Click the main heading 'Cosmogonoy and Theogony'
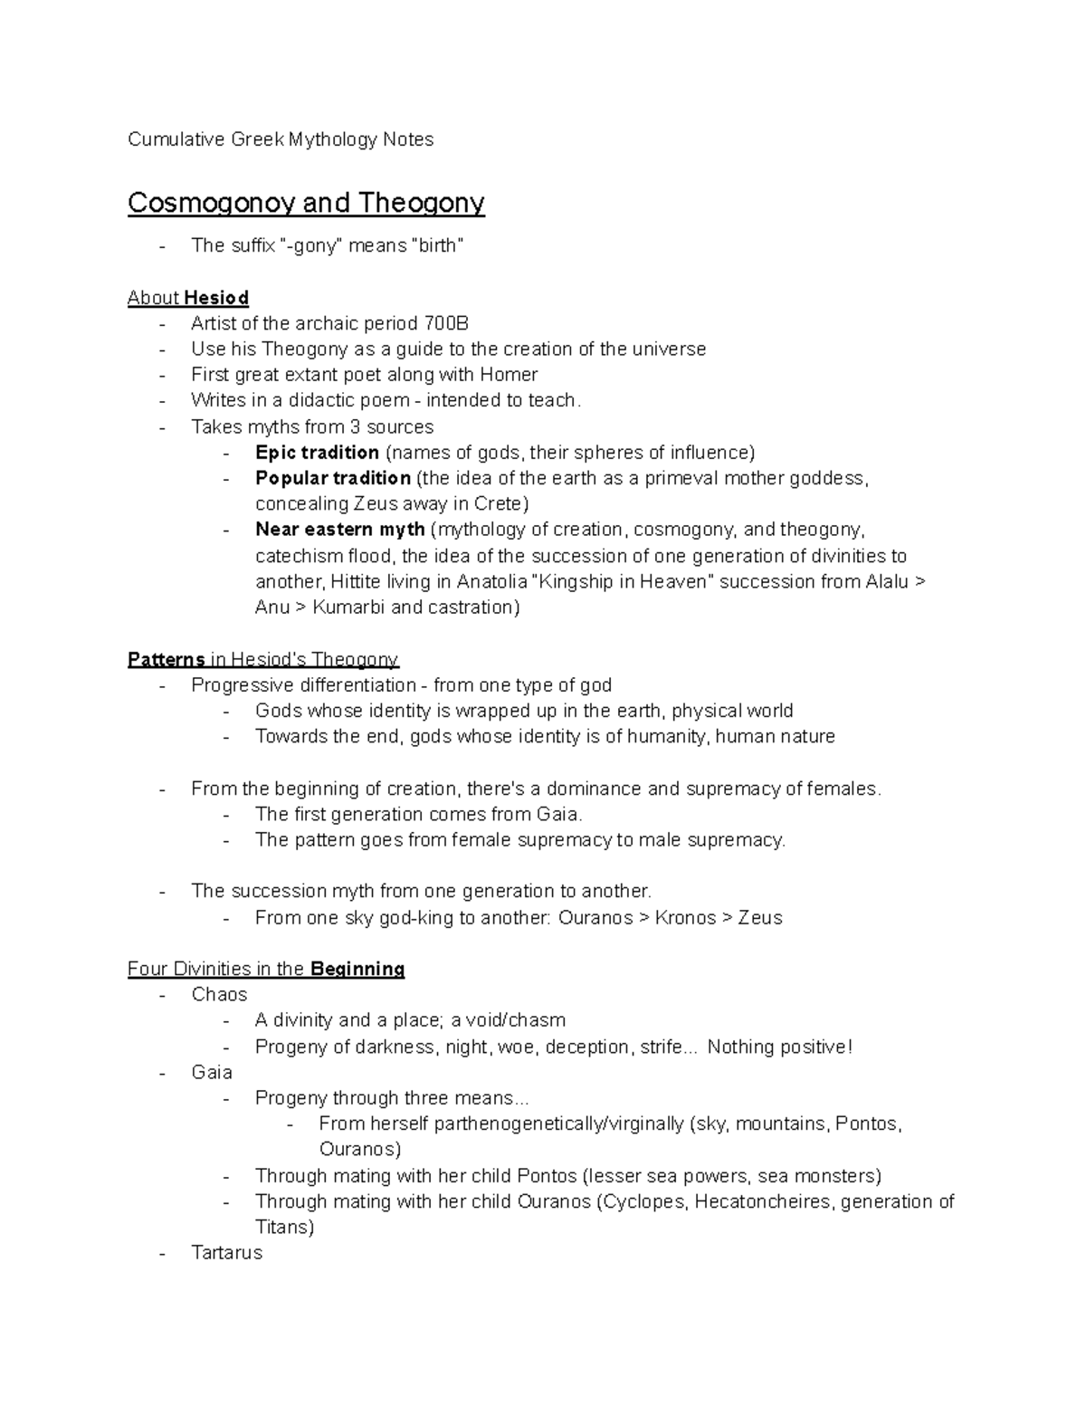pos(306,203)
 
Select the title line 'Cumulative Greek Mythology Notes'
pos(281,139)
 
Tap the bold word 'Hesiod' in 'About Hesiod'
pos(216,298)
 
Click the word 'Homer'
pos(509,375)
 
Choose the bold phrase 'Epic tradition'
pos(317,453)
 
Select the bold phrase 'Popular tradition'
pos(332,478)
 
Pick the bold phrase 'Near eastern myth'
pos(339,530)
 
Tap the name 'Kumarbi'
pos(348,607)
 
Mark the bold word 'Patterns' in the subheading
pos(167,659)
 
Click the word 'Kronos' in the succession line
pos(685,918)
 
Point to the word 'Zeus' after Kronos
pos(760,918)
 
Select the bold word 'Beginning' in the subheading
pos(357,970)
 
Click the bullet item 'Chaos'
pos(219,995)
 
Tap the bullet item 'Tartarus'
pos(226,1253)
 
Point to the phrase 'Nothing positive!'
pos(779,1047)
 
